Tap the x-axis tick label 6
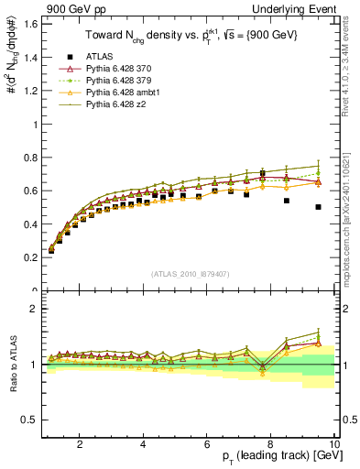207,444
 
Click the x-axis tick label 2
80,444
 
